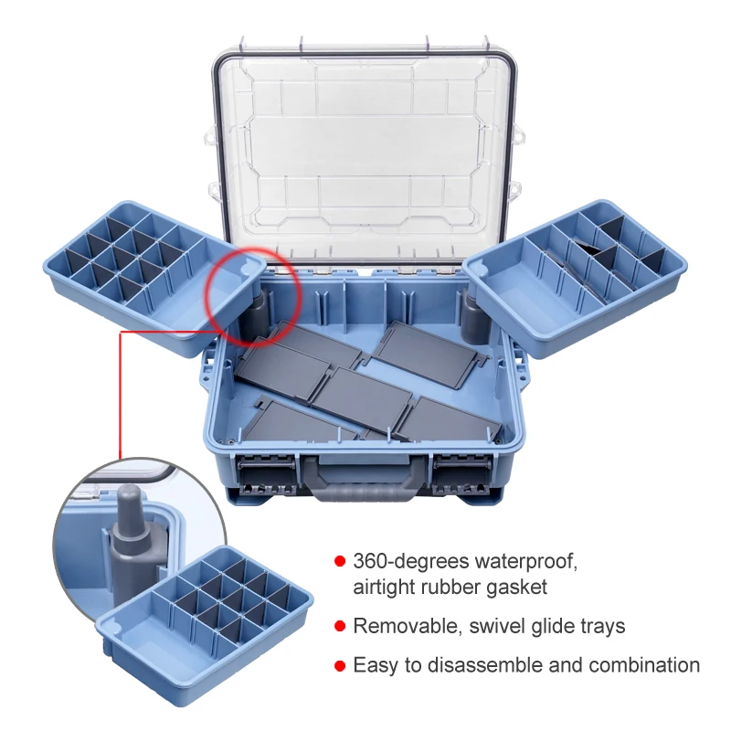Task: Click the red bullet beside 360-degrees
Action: tap(339, 560)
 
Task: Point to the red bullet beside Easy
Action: tap(339, 666)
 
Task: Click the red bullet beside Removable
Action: tap(339, 626)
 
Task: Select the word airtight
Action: tap(384, 588)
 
